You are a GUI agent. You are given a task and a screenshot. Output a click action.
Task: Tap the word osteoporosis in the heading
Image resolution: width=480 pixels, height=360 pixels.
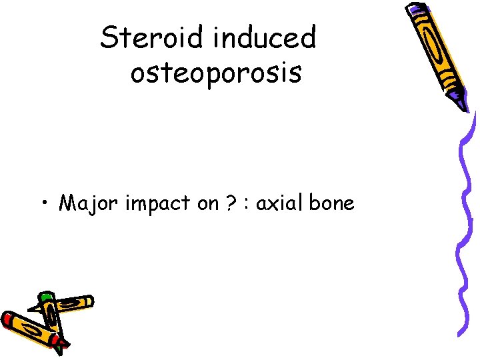[216, 73]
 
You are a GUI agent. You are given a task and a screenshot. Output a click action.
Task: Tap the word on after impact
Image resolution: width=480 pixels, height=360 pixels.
[207, 203]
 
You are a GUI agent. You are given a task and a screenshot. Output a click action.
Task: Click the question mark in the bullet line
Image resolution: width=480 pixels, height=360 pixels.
[230, 202]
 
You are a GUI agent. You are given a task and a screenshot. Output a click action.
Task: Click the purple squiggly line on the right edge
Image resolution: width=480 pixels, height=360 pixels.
[465, 220]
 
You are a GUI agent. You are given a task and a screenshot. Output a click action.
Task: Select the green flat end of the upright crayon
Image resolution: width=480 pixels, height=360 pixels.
[45, 295]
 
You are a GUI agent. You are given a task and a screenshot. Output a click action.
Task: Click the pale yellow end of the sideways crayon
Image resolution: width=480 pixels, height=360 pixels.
[89, 302]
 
